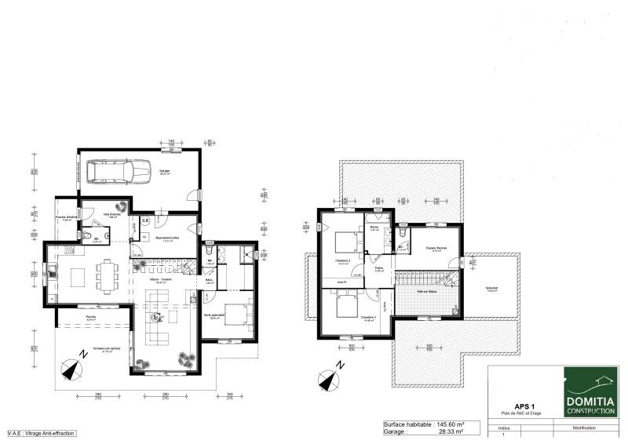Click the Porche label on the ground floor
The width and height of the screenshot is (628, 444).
(91, 318)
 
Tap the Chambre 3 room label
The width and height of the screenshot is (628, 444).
(369, 318)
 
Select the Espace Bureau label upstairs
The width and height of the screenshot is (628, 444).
(436, 249)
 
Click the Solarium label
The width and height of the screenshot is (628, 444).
(491, 288)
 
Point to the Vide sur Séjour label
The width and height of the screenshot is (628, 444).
(427, 290)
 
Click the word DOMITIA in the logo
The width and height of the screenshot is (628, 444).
(590, 400)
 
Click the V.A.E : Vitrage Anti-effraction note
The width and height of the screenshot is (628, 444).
(41, 433)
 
